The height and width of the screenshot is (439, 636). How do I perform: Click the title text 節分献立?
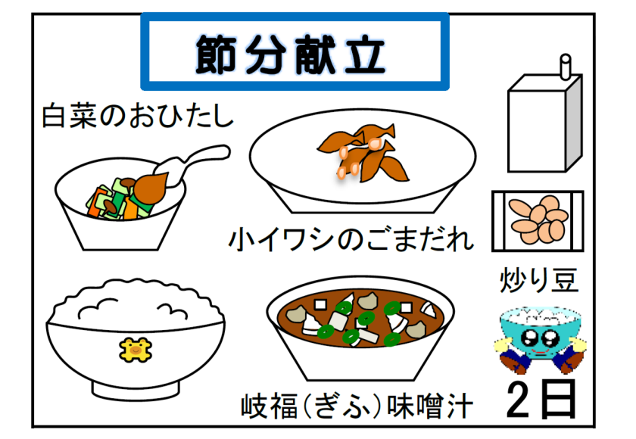[x=291, y=54]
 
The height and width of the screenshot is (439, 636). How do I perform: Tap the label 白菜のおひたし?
[x=138, y=116]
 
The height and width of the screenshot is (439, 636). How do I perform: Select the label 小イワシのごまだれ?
[x=351, y=239]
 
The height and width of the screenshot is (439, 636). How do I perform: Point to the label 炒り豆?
[x=538, y=280]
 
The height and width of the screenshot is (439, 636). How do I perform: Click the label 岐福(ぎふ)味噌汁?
[x=357, y=406]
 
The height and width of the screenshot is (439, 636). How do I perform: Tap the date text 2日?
[x=541, y=400]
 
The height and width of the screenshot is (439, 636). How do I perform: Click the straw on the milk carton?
[x=566, y=67]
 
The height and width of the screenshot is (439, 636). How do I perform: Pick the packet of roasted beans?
[x=538, y=221]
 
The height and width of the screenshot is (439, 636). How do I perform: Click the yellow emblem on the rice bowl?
[x=136, y=350]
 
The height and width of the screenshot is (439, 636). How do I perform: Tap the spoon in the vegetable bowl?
[x=182, y=170]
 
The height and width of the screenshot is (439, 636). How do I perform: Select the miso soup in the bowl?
[x=360, y=319]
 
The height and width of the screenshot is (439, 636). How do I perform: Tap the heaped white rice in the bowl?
[x=136, y=304]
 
